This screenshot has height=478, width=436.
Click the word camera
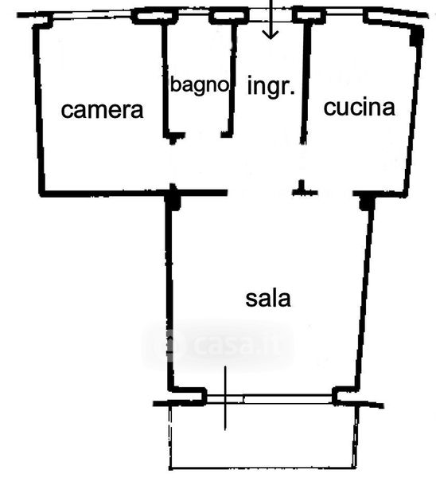pyautogui.click(x=102, y=110)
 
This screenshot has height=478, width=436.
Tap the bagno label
pyautogui.click(x=200, y=85)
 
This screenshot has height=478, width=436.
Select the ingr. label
pyautogui.click(x=271, y=86)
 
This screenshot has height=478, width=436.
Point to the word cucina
pyautogui.click(x=360, y=107)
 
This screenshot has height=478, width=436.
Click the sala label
pyautogui.click(x=268, y=299)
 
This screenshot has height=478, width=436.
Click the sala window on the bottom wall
pyautogui.click(x=269, y=399)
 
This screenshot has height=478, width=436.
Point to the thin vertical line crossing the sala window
pyautogui.click(x=225, y=398)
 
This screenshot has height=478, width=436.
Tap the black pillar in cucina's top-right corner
pyautogui.click(x=417, y=36)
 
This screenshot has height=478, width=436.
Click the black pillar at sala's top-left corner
pyautogui.click(x=173, y=198)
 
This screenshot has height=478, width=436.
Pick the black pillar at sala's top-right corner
pyautogui.click(x=367, y=202)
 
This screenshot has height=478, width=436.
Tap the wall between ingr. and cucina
pyautogui.click(x=306, y=83)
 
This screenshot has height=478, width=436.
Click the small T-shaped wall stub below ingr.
pyautogui.click(x=304, y=189)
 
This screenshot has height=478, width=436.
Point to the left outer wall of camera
pyautogui.click(x=39, y=110)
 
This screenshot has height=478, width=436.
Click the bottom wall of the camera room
pyautogui.click(x=134, y=193)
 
